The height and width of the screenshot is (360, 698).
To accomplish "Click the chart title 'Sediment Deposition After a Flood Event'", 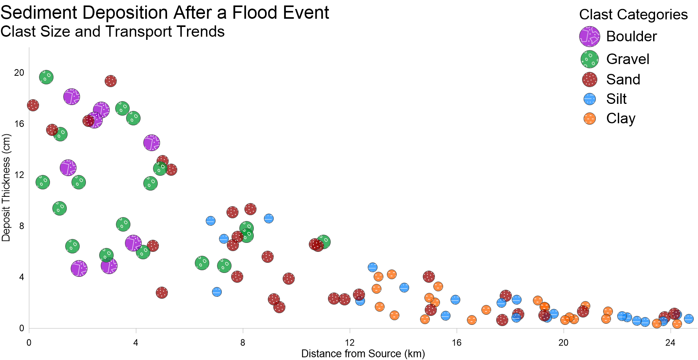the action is point(165,12).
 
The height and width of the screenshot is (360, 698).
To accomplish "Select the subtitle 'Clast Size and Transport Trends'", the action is point(112,32).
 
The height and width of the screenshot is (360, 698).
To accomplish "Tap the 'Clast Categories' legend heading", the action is point(633,14).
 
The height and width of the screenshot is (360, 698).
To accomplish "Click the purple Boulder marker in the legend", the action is point(589,36).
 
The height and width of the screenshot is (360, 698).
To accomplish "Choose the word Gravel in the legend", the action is point(628,59).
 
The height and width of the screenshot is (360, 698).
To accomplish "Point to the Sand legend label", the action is point(623,79).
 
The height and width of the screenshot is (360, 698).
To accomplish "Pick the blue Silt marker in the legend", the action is point(589,99).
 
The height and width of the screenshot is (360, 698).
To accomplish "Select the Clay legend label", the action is point(621,119).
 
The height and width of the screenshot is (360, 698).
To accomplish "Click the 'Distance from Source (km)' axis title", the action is point(363,354).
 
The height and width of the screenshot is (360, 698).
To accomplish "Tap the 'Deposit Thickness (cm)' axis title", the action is point(6,188).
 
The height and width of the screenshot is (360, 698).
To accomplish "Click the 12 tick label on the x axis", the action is point(350,343).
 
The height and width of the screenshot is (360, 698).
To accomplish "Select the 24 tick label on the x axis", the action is point(670,343).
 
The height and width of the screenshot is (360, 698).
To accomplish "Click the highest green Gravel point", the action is point(46,77).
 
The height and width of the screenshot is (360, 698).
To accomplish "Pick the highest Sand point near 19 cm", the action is point(110,81).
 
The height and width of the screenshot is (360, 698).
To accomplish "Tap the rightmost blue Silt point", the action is point(689,319).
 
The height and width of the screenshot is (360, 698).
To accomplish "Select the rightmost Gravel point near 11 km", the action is point(323,242).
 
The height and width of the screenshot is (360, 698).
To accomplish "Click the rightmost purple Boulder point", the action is point(151,143).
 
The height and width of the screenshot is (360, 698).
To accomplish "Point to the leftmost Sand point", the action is point(33,105).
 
